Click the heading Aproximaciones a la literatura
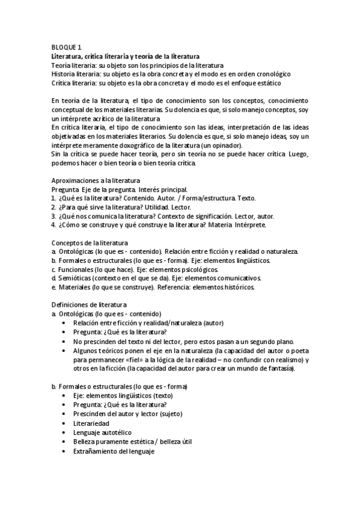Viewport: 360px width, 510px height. pos(96,180)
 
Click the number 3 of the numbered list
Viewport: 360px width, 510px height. pos(53,216)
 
